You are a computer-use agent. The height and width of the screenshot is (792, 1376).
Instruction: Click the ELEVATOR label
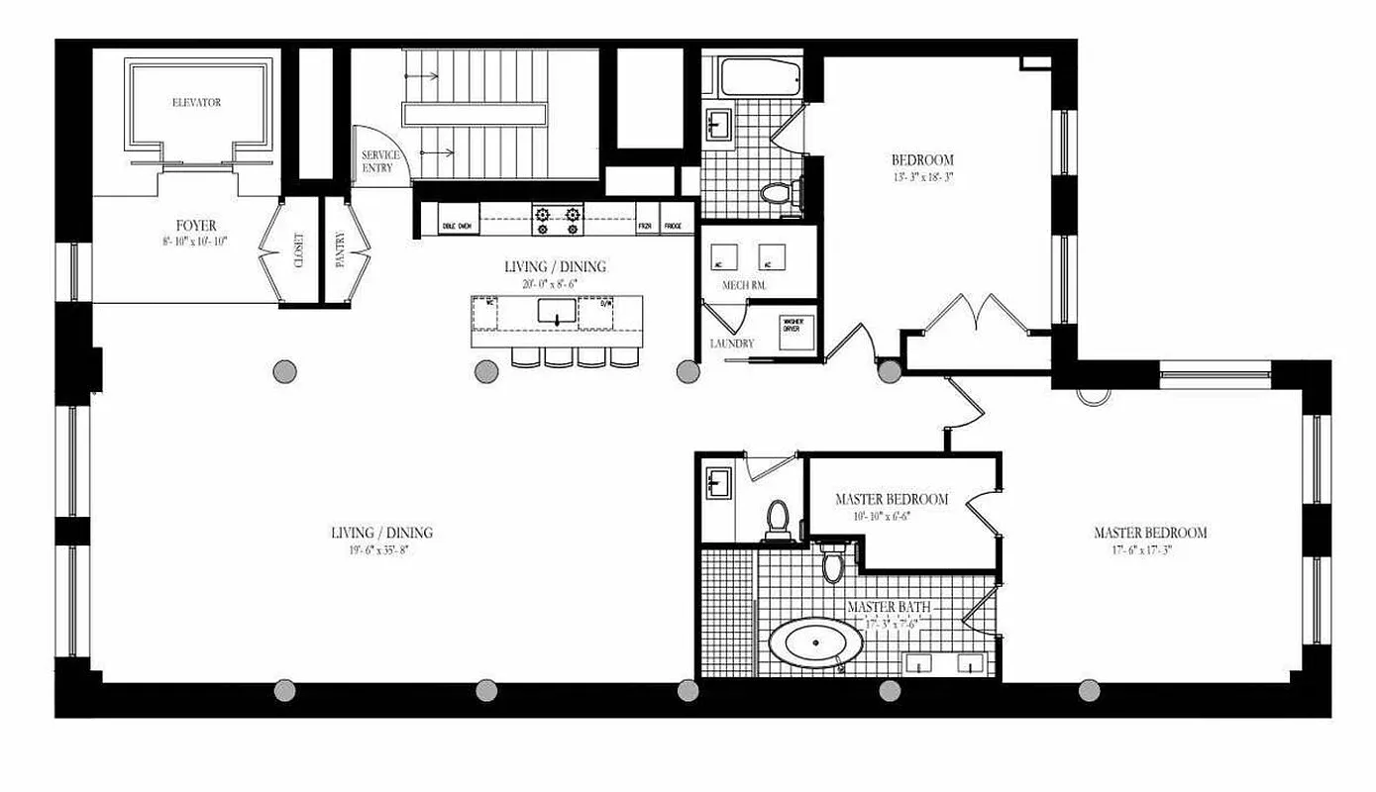196,103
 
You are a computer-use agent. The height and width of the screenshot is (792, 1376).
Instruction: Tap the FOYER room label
196,226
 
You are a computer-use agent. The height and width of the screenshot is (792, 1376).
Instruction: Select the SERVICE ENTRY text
380,161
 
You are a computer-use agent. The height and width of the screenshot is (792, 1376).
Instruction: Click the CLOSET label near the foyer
298,249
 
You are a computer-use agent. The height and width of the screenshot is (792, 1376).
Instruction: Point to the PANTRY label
341,249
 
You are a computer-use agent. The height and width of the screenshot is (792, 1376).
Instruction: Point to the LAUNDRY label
732,344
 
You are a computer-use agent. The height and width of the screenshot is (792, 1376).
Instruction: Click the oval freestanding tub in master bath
815,644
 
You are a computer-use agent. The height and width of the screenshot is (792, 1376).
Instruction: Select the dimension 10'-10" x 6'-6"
891,516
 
